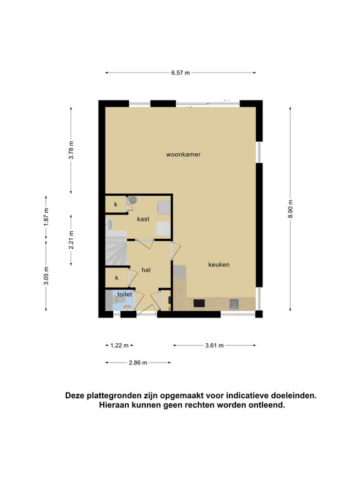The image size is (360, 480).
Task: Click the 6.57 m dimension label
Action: coord(180,73)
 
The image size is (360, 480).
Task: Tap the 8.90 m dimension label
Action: coord(290,209)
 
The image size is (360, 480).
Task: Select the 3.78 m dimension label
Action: coord(71,150)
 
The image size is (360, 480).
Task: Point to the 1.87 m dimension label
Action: coord(46,217)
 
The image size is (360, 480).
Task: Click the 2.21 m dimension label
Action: coord(71,240)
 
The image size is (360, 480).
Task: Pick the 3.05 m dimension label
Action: coord(46,276)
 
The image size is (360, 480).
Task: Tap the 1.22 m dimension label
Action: coord(119,346)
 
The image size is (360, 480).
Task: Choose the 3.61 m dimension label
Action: coord(214,346)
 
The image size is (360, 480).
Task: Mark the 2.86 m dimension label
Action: coord(137,362)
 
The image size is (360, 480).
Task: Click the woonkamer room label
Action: coord(183,154)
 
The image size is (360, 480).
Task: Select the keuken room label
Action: coord(219,264)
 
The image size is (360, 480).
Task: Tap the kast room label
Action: coord(143,219)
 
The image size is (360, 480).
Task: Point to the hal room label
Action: coord(146,270)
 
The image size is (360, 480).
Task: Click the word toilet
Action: coord(124,294)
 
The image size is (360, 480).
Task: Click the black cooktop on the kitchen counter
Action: coord(199,303)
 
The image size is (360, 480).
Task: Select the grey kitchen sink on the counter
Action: coord(234,304)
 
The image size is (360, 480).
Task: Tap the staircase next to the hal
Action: coord(116,248)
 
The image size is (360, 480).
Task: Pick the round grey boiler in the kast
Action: coord(132,200)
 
